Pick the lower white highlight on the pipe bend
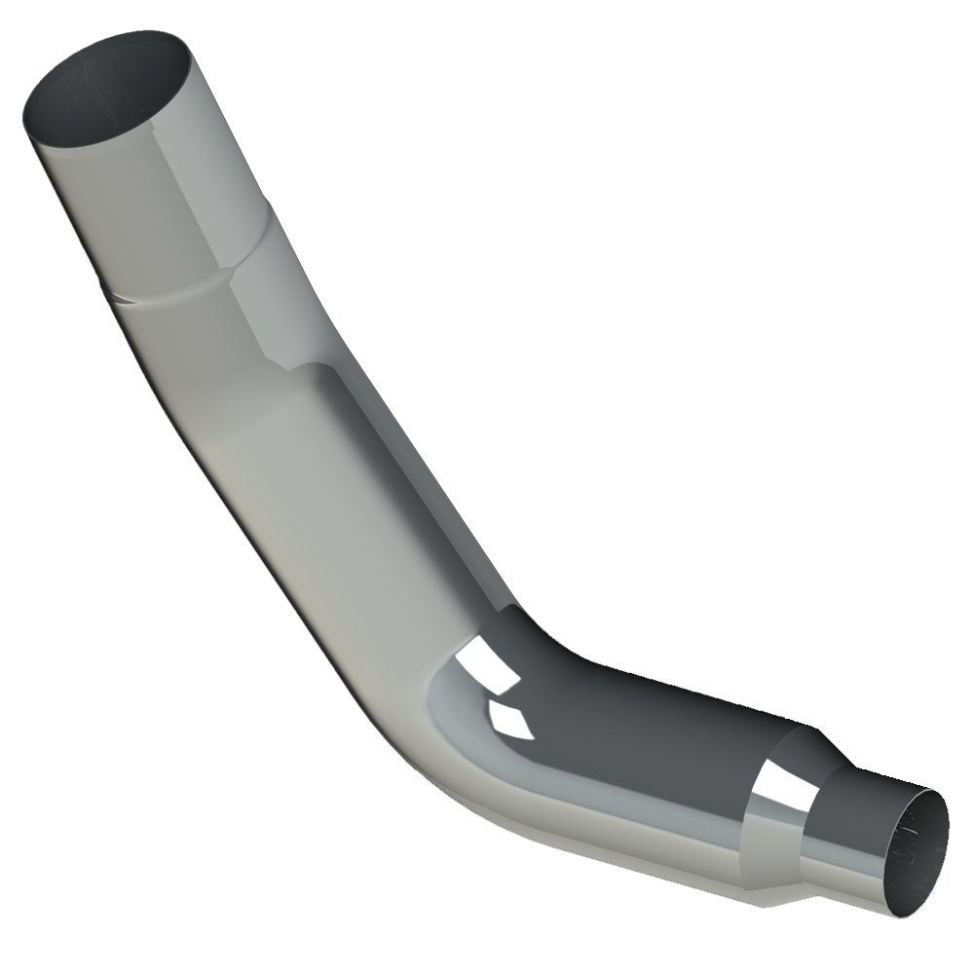click(x=508, y=718)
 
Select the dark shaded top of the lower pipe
click(x=662, y=721)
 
